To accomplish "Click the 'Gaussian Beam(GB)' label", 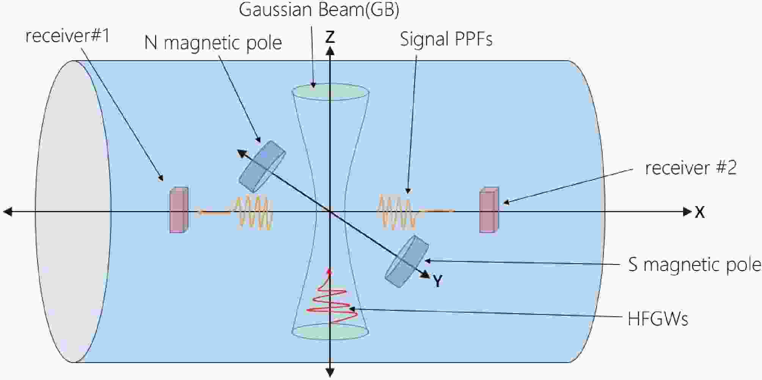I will pyautogui.click(x=319, y=10).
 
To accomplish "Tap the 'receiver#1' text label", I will pyautogui.click(x=68, y=36).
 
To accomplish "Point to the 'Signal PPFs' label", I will pyautogui.click(x=446, y=39).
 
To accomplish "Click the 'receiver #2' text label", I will pyautogui.click(x=691, y=168).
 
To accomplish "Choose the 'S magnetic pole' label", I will pyautogui.click(x=694, y=264).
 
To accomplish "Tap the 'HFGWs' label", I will pyautogui.click(x=658, y=319).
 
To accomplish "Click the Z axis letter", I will pyautogui.click(x=330, y=37).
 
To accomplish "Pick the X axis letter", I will pyautogui.click(x=700, y=212).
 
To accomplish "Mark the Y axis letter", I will pyautogui.click(x=437, y=281).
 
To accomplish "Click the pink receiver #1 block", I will pyautogui.click(x=178, y=210).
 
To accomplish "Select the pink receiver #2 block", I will pyautogui.click(x=489, y=210).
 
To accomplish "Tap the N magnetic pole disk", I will pyautogui.click(x=262, y=167).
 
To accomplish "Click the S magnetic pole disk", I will pyautogui.click(x=407, y=261).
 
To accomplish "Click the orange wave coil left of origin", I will pyautogui.click(x=254, y=212).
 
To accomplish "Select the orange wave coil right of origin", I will pyautogui.click(x=396, y=212).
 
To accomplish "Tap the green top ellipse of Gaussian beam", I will pyautogui.click(x=330, y=92).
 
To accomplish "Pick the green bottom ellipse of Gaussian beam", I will pyautogui.click(x=330, y=332).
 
